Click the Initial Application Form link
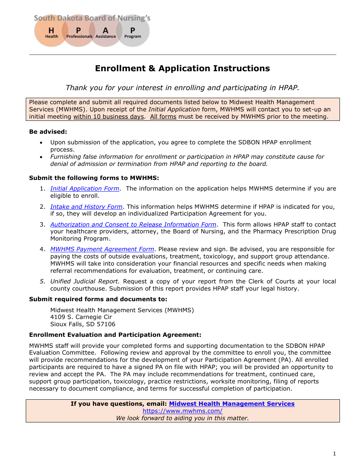[85, 189]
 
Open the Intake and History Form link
[86, 207]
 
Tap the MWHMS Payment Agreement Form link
[102, 249]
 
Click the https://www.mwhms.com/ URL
[182, 411]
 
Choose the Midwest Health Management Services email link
[232, 404]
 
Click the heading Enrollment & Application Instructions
[182, 69]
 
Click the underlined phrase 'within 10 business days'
[108, 117]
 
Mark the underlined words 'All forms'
[163, 117]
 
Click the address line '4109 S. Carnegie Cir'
[81, 317]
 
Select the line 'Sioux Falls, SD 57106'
[83, 324]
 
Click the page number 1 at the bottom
[334, 454]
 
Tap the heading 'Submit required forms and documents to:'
[98, 299]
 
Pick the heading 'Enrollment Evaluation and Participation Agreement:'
[115, 335]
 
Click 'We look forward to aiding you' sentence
[182, 418]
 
